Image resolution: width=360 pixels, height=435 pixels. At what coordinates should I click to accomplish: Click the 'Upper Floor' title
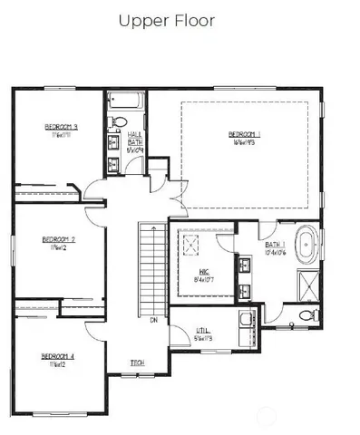166,21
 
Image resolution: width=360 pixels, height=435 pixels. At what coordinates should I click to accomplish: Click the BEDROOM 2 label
57,240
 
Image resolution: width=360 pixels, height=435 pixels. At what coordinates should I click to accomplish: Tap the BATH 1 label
276,245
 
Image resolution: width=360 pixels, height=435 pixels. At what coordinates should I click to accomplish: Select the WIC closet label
202,271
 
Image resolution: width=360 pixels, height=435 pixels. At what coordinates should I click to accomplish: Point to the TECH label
137,363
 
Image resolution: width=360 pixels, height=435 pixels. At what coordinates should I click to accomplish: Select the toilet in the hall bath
118,123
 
